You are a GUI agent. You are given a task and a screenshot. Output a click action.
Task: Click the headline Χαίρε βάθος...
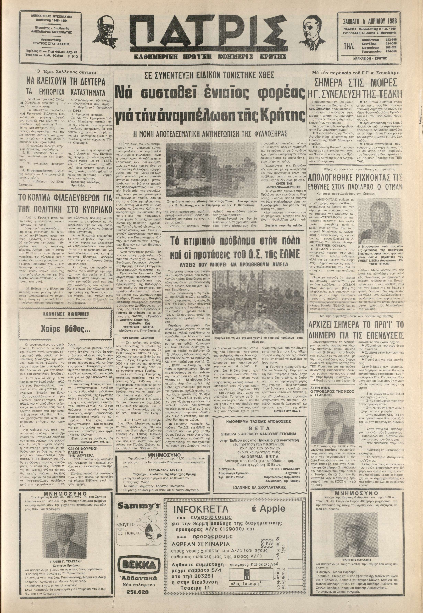pos(63,330)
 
